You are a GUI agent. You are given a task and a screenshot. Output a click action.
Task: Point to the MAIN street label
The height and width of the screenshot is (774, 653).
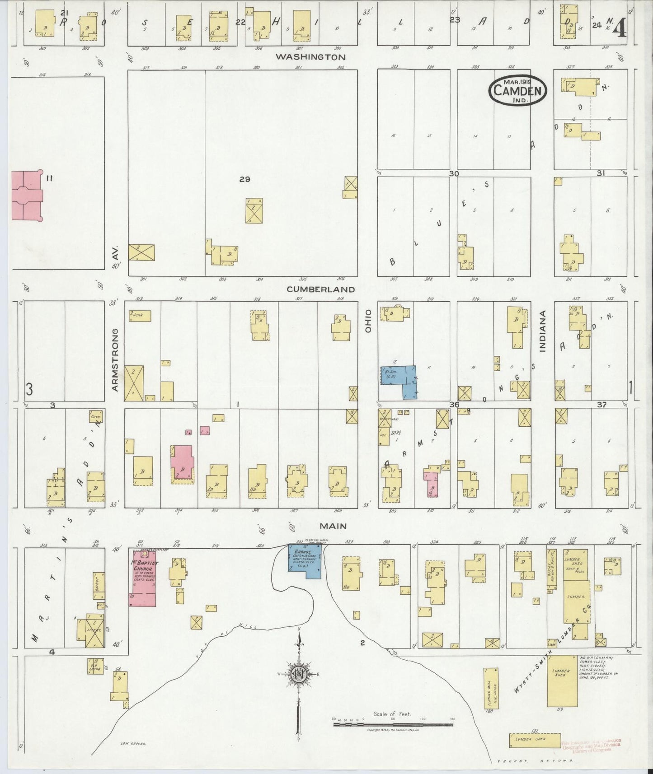pyautogui.click(x=333, y=526)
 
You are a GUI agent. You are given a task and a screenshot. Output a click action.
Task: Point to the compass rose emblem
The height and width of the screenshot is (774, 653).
pyautogui.click(x=299, y=674)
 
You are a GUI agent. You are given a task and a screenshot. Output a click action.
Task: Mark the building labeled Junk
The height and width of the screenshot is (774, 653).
pyautogui.click(x=139, y=316)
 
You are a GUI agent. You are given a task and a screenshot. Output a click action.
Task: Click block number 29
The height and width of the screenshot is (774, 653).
pyautogui.click(x=244, y=179)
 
